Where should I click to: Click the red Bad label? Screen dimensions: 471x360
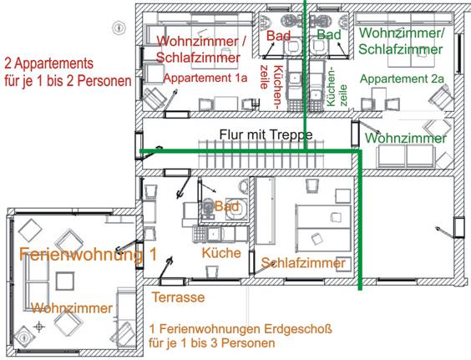[x=278, y=36]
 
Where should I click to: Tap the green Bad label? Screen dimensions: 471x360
[x=329, y=35]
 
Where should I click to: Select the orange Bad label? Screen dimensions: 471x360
[x=227, y=206]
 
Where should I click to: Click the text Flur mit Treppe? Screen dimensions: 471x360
[x=266, y=134]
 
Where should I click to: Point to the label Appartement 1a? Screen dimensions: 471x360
[x=205, y=78]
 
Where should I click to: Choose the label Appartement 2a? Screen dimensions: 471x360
[x=402, y=79]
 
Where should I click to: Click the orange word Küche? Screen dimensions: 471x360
[x=221, y=253]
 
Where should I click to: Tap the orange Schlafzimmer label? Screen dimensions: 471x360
[x=303, y=263]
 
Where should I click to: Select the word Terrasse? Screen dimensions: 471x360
[x=179, y=297]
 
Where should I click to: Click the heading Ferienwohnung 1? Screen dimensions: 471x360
[x=88, y=254]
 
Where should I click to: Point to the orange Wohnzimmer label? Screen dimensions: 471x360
[x=72, y=308]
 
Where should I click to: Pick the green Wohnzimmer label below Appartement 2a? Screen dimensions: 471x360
[x=406, y=138]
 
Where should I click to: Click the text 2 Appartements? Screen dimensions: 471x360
[x=49, y=63]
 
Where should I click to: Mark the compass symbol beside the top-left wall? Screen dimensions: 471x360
[x=119, y=28]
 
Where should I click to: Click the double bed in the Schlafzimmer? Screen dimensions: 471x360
[x=323, y=228]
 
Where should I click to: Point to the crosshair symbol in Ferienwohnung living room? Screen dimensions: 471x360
[x=38, y=327]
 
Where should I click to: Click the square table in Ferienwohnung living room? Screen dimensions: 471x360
[x=65, y=281]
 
